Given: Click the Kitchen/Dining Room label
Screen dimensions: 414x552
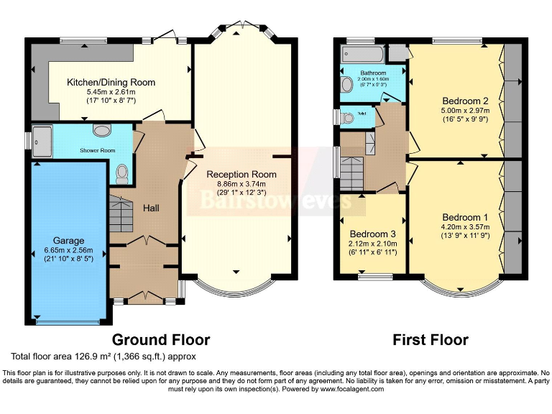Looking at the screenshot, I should click(x=111, y=83).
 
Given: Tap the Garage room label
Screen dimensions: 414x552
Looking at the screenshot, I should click(x=68, y=241).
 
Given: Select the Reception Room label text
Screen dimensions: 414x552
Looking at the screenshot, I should click(x=241, y=175).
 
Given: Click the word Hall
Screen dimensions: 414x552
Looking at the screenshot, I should click(x=150, y=208).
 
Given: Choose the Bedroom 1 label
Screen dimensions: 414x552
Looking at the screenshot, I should click(x=464, y=218).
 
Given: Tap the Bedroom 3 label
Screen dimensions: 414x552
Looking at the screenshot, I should click(x=372, y=234).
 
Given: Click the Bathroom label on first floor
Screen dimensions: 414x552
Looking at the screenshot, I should click(x=373, y=73).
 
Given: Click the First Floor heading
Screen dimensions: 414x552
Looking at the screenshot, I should click(x=430, y=340).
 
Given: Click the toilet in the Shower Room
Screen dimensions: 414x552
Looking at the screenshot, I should click(x=121, y=173).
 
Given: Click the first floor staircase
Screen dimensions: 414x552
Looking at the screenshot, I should click(x=353, y=172).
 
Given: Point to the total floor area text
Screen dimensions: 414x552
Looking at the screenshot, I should click(x=103, y=356).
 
